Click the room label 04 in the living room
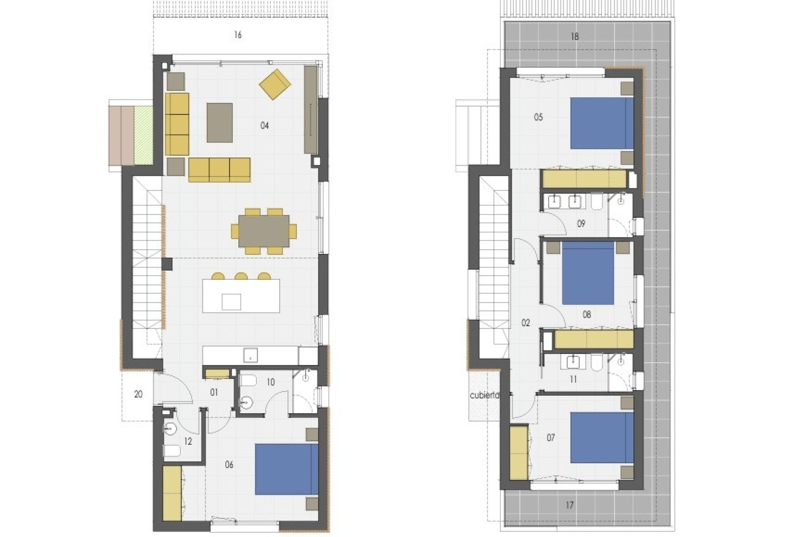click(x=264, y=125)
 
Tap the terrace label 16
click(x=238, y=35)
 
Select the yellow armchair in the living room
click(x=275, y=84)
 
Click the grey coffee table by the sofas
click(x=220, y=123)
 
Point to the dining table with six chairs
click(x=264, y=231)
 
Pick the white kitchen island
click(x=241, y=296)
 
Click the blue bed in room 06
click(x=287, y=470)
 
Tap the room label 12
click(x=188, y=442)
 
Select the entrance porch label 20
click(x=138, y=394)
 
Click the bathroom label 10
click(x=270, y=382)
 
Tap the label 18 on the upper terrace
click(x=575, y=36)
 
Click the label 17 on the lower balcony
click(x=569, y=505)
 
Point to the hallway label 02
click(x=526, y=323)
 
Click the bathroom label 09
click(x=581, y=224)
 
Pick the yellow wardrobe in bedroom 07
click(x=518, y=452)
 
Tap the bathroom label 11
click(x=573, y=379)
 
